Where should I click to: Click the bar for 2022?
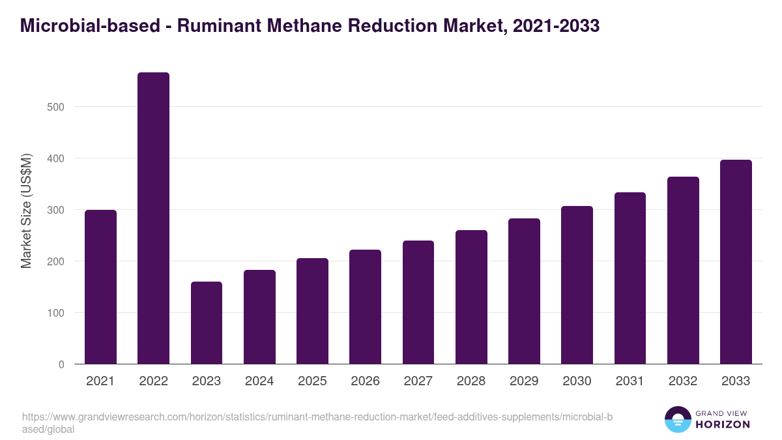pos(153,218)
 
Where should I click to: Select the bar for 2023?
pos(207,323)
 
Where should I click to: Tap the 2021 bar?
pos(100,287)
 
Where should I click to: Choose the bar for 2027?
pos(418,302)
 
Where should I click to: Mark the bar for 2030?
pos(577,285)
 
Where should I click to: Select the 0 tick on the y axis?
pos(61,364)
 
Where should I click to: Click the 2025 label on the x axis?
pos(312,381)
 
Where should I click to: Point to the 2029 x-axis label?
pos(524,381)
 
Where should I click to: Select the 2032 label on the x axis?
pos(683,381)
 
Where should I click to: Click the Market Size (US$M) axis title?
pos(27,211)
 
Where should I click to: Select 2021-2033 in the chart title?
pos(556,26)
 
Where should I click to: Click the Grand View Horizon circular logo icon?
pos(678,420)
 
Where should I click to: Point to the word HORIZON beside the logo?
pos(723,424)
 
